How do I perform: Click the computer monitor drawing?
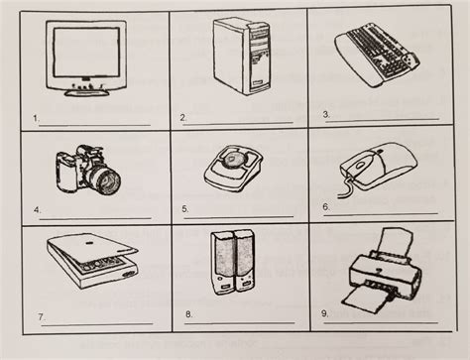(x=86, y=59)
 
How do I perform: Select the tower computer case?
(x=242, y=57)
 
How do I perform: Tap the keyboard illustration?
(x=377, y=55)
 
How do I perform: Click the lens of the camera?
(x=108, y=180)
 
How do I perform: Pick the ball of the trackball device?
(x=233, y=159)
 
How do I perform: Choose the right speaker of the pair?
(x=244, y=261)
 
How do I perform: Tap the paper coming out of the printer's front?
(x=365, y=299)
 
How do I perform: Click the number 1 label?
(x=36, y=118)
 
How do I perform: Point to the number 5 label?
(x=185, y=209)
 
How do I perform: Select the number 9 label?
(x=325, y=313)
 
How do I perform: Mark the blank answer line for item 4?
(x=95, y=218)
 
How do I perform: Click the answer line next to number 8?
(x=239, y=323)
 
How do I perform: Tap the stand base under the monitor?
(x=86, y=93)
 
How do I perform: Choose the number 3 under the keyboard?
(x=326, y=114)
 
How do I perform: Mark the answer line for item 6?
(x=381, y=215)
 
